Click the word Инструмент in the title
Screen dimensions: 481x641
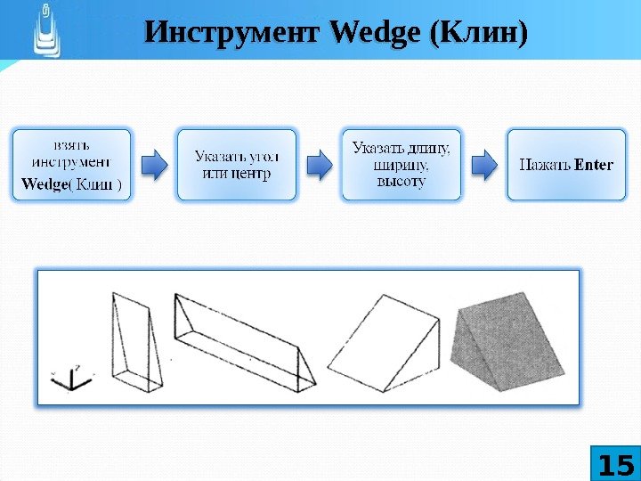pyautogui.click(x=232, y=35)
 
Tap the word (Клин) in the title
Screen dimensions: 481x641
pyautogui.click(x=478, y=35)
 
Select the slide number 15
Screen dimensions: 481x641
pyautogui.click(x=614, y=466)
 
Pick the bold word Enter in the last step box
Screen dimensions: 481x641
pyautogui.click(x=595, y=165)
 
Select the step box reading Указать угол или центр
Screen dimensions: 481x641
pyautogui.click(x=236, y=164)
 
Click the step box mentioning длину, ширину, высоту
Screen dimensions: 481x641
pyautogui.click(x=402, y=164)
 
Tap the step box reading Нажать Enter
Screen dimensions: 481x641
pyautogui.click(x=566, y=165)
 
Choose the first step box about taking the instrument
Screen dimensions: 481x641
pyautogui.click(x=71, y=164)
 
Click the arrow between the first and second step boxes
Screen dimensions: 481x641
pyautogui.click(x=155, y=164)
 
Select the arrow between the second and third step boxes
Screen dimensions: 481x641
pyautogui.click(x=320, y=164)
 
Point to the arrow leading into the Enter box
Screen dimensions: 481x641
pyautogui.click(x=484, y=164)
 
